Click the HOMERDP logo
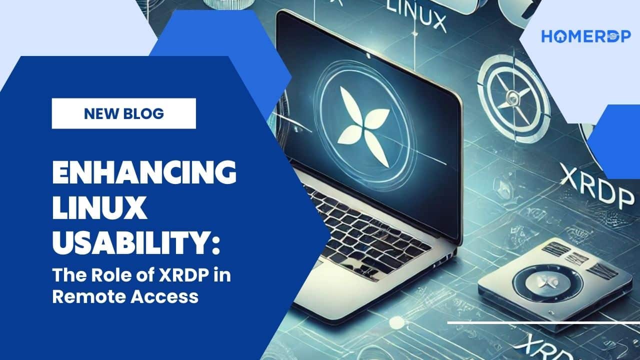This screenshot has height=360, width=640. [585, 36]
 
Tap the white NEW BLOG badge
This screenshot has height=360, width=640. [123, 113]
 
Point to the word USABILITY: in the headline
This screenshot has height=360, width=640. [135, 243]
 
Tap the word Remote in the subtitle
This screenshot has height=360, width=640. [86, 297]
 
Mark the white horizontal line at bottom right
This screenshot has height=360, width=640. [543, 323]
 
